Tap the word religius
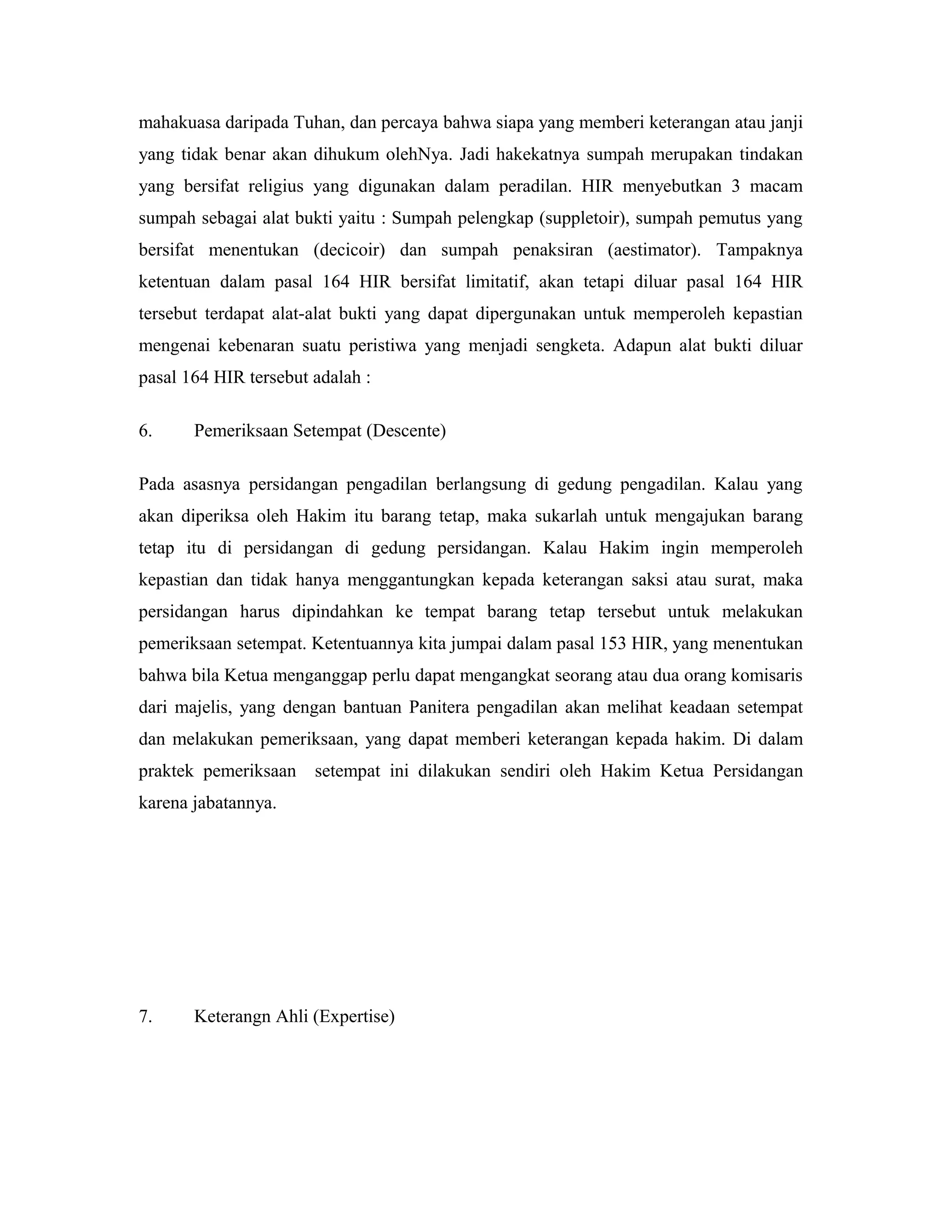click(276, 186)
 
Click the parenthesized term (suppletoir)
click(583, 218)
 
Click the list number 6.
click(145, 431)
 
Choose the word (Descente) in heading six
click(406, 431)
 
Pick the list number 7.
click(145, 1017)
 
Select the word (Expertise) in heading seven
click(353, 1017)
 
